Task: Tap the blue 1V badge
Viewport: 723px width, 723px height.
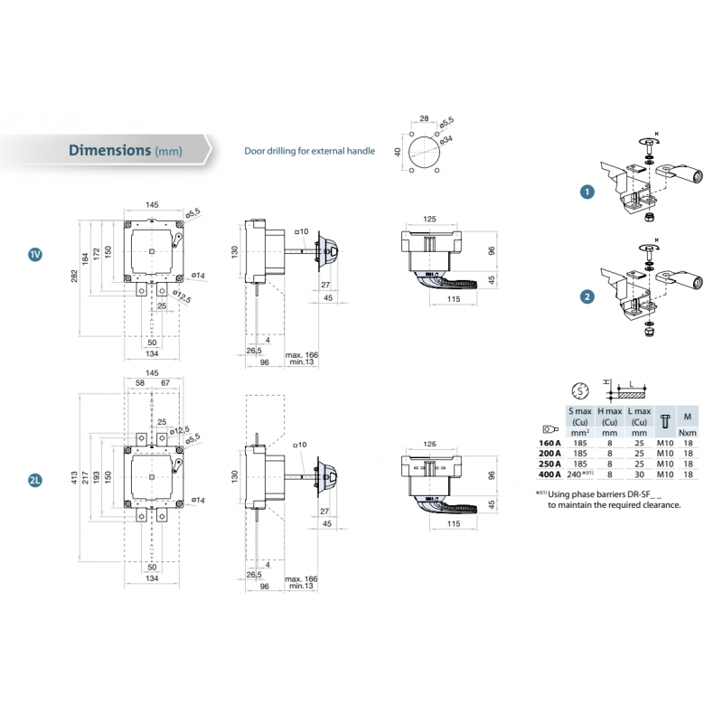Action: (x=35, y=255)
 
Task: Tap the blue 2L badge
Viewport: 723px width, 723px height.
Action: (x=35, y=481)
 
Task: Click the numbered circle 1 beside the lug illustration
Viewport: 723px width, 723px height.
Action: (x=588, y=192)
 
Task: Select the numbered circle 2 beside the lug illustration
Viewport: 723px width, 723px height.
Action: (x=588, y=296)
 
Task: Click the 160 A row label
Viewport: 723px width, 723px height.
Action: (x=549, y=444)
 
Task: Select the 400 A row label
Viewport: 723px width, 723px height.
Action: (x=549, y=474)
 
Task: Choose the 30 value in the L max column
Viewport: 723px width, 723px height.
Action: (x=640, y=474)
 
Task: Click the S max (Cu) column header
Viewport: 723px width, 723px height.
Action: (x=579, y=417)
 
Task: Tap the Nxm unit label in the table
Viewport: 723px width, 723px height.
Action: (x=688, y=433)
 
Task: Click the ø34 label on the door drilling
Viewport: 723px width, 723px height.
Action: (x=446, y=137)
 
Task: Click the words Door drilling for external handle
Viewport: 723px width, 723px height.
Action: (x=310, y=151)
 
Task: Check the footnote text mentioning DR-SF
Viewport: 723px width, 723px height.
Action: (x=614, y=499)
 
